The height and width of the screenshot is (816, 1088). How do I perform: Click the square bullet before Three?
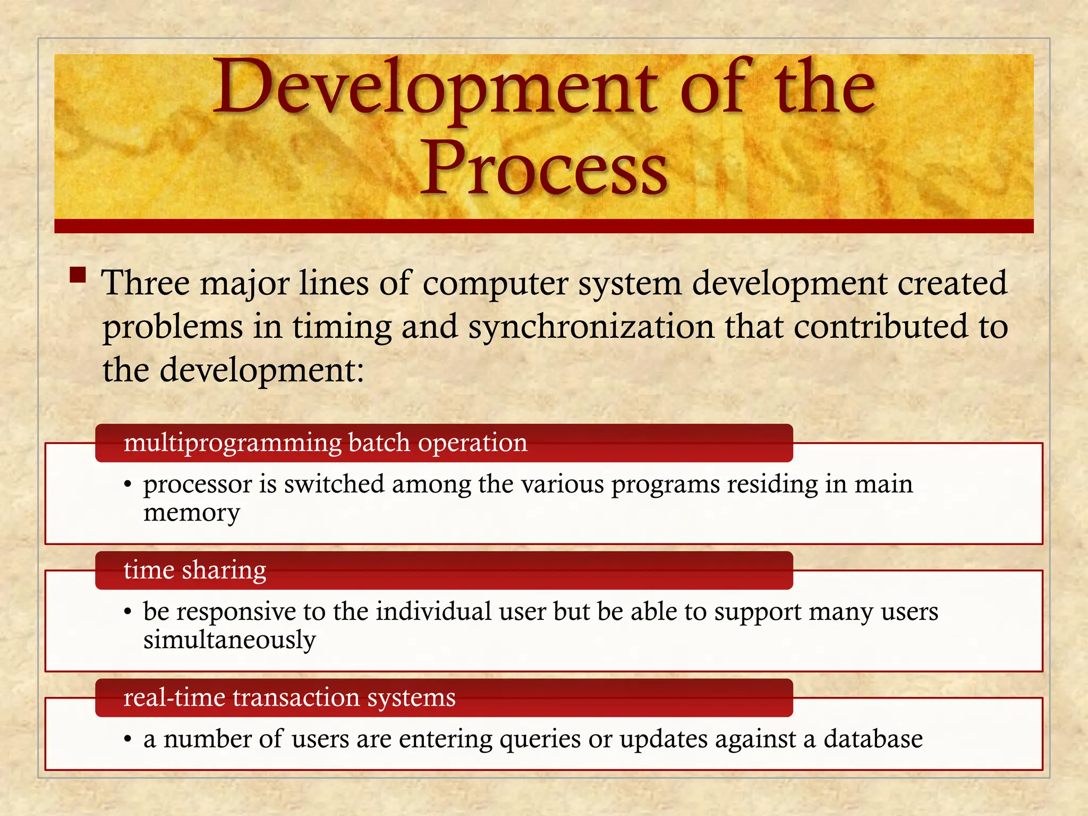click(x=78, y=276)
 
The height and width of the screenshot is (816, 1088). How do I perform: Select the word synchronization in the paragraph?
click(x=591, y=326)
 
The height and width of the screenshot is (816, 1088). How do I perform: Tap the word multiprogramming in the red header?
click(x=233, y=443)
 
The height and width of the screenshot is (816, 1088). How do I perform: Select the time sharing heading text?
click(x=194, y=570)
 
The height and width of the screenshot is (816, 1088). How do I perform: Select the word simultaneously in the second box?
click(x=229, y=640)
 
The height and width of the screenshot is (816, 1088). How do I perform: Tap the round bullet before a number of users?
click(x=127, y=739)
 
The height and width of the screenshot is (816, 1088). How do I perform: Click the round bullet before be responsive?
click(x=127, y=613)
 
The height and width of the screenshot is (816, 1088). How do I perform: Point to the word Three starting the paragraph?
click(x=145, y=283)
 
